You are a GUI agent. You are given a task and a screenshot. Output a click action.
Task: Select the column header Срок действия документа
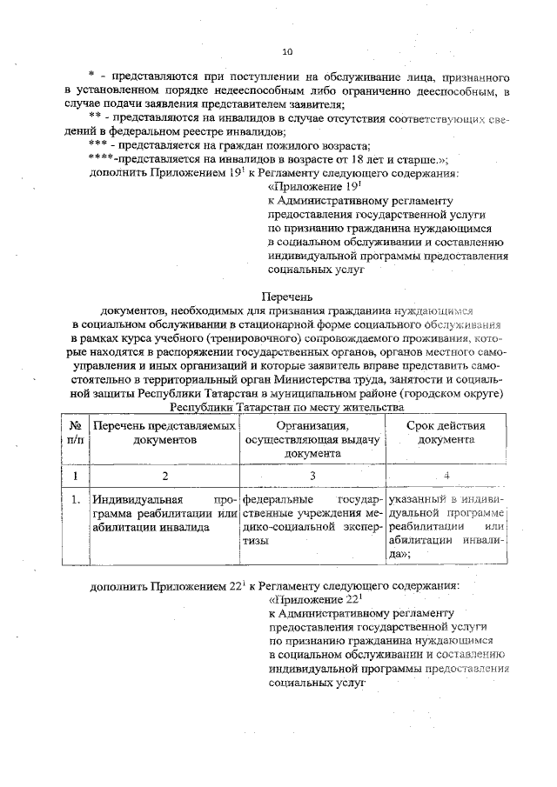[x=446, y=432]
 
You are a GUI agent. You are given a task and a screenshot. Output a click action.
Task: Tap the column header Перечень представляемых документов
[x=164, y=432]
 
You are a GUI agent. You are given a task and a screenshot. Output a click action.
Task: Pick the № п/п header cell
[x=75, y=432]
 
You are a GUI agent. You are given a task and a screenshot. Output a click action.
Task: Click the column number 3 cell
[x=312, y=477]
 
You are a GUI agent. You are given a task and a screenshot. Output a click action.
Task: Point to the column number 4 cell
[x=446, y=476]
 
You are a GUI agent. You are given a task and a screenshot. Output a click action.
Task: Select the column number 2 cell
[x=164, y=477]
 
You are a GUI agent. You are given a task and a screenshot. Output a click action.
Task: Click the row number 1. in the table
[x=76, y=500]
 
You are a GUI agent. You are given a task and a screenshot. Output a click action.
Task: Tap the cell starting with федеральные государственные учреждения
[x=312, y=520]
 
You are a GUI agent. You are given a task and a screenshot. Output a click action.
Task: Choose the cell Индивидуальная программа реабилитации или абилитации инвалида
[x=164, y=513]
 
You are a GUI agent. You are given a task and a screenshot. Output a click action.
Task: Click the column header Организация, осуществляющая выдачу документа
[x=312, y=439]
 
